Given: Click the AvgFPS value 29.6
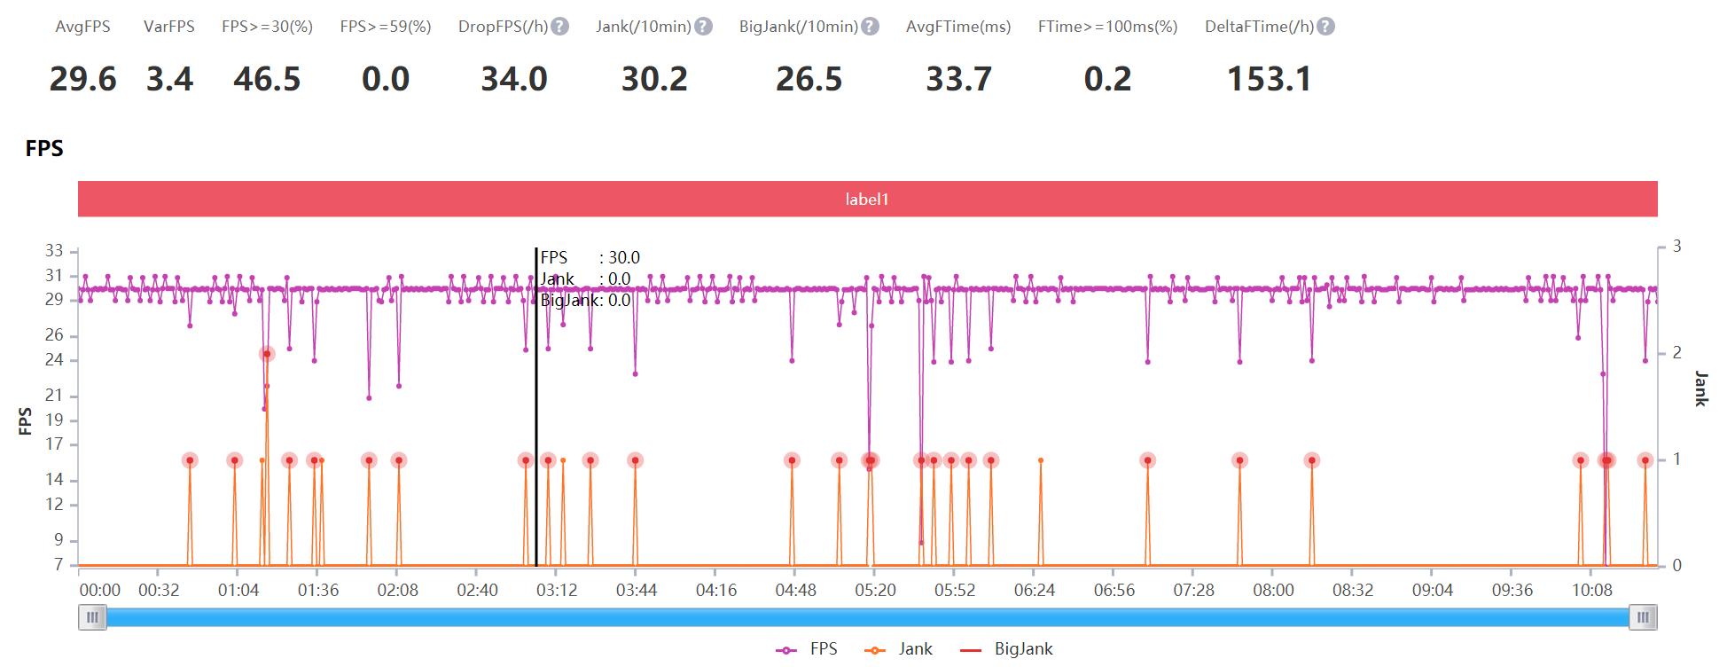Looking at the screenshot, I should click(x=82, y=79).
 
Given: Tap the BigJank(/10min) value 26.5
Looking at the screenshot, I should click(x=809, y=79).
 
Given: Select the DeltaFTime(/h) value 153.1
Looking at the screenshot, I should click(x=1269, y=79).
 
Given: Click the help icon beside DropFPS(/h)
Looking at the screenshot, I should click(x=560, y=27).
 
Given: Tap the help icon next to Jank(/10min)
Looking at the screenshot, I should click(x=703, y=27).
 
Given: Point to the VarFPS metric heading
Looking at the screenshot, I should click(x=168, y=27).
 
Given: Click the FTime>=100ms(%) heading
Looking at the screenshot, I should click(x=1107, y=27).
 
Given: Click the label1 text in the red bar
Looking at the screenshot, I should click(x=866, y=200).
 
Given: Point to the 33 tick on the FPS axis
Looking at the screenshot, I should click(x=55, y=251).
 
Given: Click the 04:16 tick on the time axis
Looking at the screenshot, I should click(x=715, y=590).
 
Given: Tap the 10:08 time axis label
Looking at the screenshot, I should click(x=1591, y=590).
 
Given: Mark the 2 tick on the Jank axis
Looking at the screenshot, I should click(x=1676, y=353).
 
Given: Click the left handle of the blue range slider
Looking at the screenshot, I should click(x=92, y=617).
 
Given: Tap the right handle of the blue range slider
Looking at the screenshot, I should click(x=1643, y=617).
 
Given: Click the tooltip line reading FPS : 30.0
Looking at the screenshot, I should click(x=590, y=258).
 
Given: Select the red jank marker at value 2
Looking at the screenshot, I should click(x=267, y=354).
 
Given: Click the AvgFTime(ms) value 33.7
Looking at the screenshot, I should click(x=958, y=79).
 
